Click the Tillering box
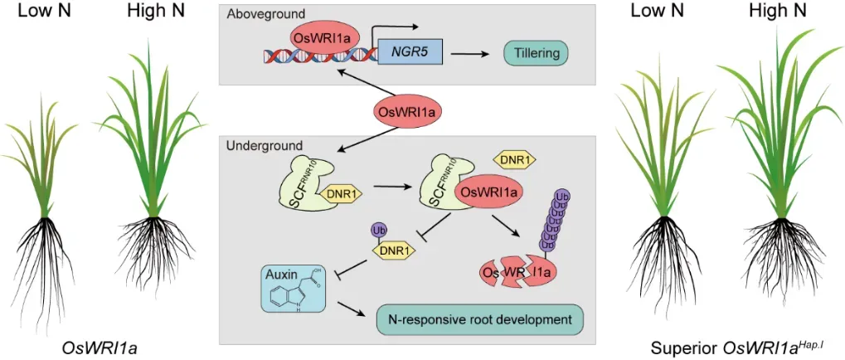tap(537, 55)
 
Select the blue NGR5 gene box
tap(410, 55)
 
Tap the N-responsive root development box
tap(479, 319)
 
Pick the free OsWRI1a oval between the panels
tap(410, 111)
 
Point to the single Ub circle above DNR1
tap(379, 230)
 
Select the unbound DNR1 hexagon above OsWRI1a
tap(514, 158)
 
